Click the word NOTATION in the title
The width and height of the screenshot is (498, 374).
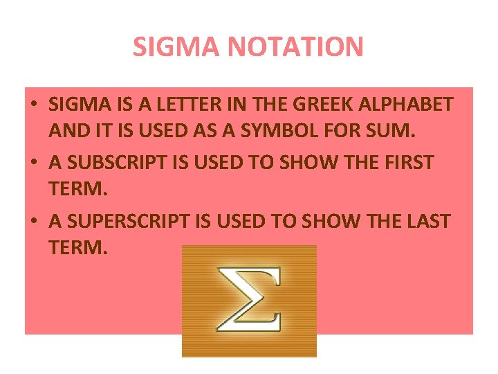tap(305, 47)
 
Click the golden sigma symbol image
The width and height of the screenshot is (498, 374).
tap(249, 301)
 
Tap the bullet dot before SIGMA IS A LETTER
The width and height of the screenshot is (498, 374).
tap(33, 106)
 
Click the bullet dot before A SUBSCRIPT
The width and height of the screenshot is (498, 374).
tap(33, 164)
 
